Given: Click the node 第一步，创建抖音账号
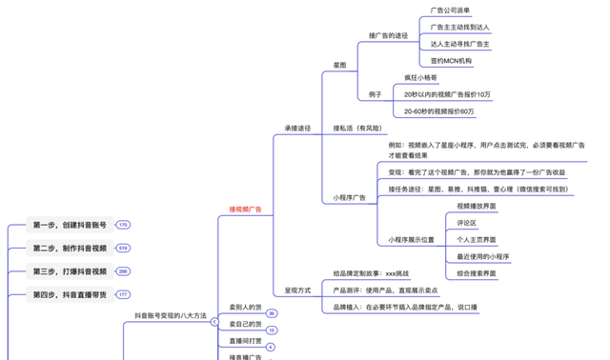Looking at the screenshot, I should click(x=69, y=225).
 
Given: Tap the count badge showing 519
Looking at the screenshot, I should click(x=123, y=249).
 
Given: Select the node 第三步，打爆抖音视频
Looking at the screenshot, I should click(x=69, y=271).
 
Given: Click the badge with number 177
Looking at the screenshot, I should click(x=123, y=294).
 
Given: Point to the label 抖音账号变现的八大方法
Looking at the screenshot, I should click(x=170, y=314).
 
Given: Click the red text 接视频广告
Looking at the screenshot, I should click(x=245, y=209).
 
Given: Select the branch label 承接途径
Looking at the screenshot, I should click(x=297, y=128).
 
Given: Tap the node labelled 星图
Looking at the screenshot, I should click(x=339, y=65).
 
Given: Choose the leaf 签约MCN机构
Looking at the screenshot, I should click(x=451, y=60).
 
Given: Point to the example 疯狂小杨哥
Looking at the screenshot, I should click(x=420, y=77).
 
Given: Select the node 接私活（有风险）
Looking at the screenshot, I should click(x=357, y=128).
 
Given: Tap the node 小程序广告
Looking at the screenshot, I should click(x=350, y=197).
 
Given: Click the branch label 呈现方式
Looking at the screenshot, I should click(x=297, y=290).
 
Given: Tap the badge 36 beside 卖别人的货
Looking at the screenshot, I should click(x=272, y=313).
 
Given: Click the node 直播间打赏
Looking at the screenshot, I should click(x=245, y=340).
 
